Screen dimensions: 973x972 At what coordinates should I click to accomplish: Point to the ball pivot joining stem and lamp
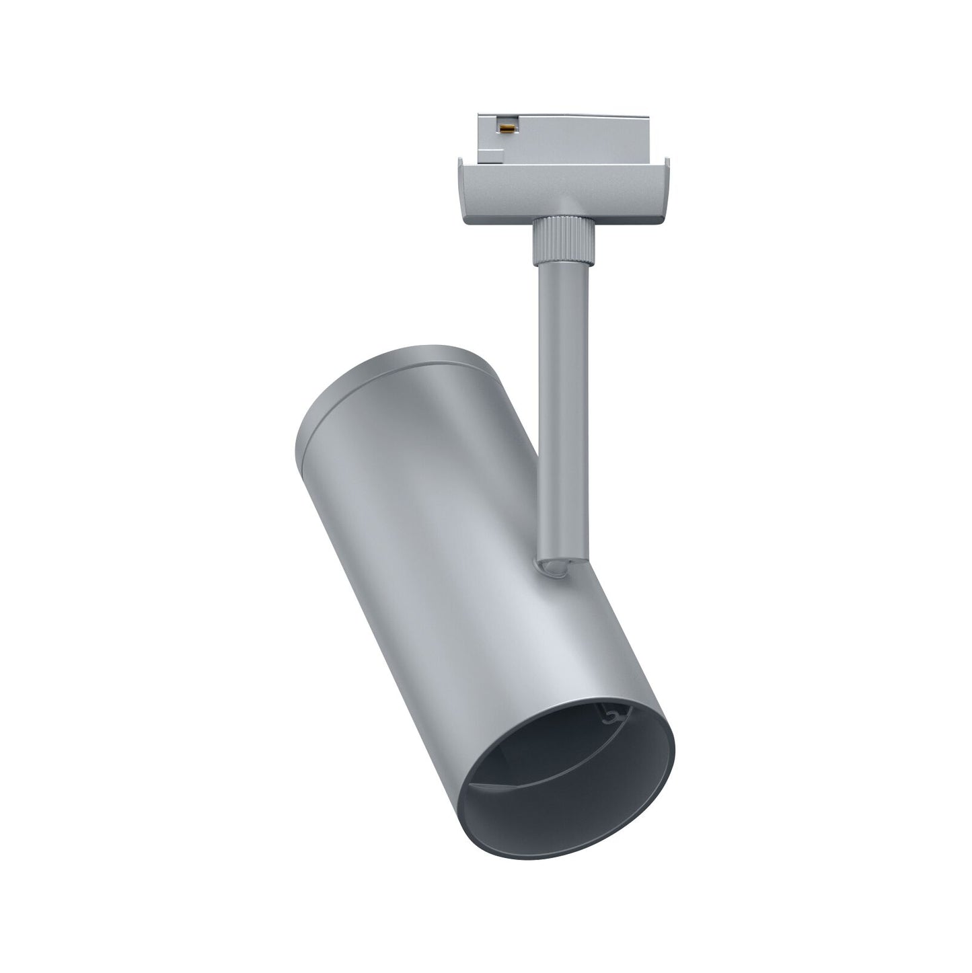pos(553,568)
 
